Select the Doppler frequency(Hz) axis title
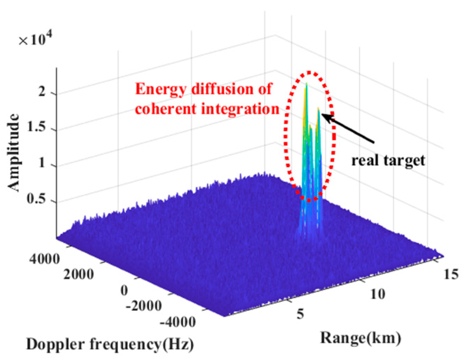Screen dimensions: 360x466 pos(110,345)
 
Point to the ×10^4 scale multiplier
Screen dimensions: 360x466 pos(36,40)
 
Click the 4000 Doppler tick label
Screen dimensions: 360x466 pos(44,259)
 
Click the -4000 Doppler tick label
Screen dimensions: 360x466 pos(178,322)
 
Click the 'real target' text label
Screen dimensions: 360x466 pos(388,161)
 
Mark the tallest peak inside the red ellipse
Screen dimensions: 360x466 pos(306,84)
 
